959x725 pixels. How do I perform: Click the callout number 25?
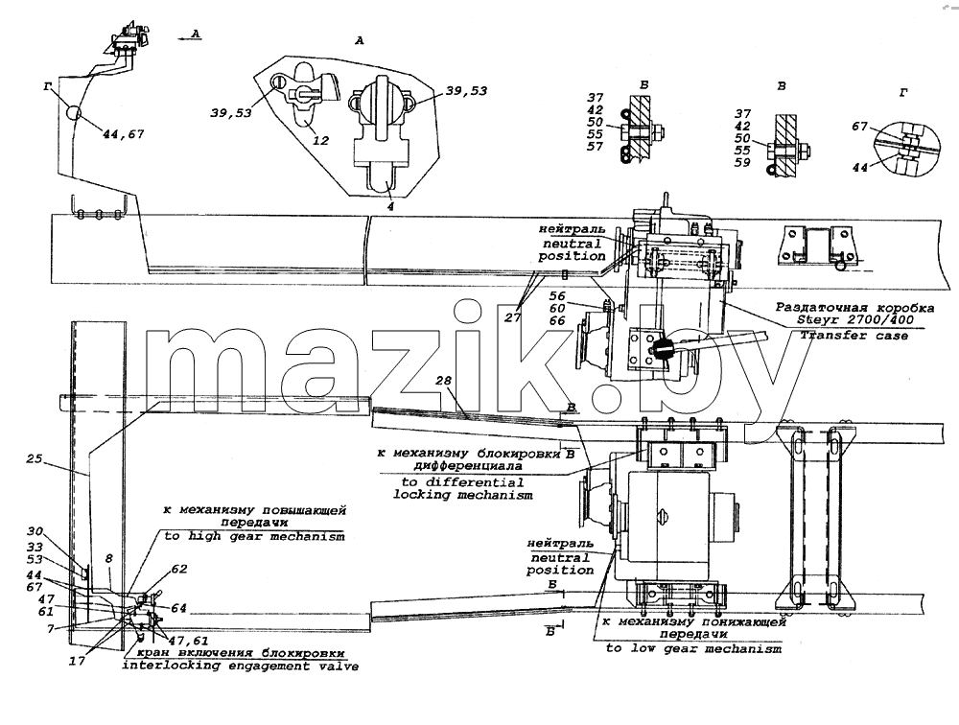click(35, 458)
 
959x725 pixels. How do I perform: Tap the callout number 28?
click(443, 381)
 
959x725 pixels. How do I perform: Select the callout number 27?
click(512, 317)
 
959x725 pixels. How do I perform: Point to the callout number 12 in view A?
click(321, 141)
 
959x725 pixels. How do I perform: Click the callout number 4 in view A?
click(390, 206)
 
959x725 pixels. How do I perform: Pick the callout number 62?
click(179, 569)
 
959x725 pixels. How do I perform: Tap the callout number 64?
click(178, 608)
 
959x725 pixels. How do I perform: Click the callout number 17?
click(77, 661)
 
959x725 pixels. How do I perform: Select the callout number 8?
click(109, 558)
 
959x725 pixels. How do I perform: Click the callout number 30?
click(35, 531)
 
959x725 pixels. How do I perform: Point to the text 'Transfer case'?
click(854, 336)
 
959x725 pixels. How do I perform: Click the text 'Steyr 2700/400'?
click(855, 319)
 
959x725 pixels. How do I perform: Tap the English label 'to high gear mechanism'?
click(254, 536)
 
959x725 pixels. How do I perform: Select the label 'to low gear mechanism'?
click(693, 648)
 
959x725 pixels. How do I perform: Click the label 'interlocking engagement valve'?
click(241, 666)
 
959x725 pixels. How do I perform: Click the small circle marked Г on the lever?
click(74, 113)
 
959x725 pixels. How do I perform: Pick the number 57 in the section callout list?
click(596, 146)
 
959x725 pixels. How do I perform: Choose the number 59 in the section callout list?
click(742, 163)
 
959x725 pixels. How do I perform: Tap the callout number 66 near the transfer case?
click(557, 320)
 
